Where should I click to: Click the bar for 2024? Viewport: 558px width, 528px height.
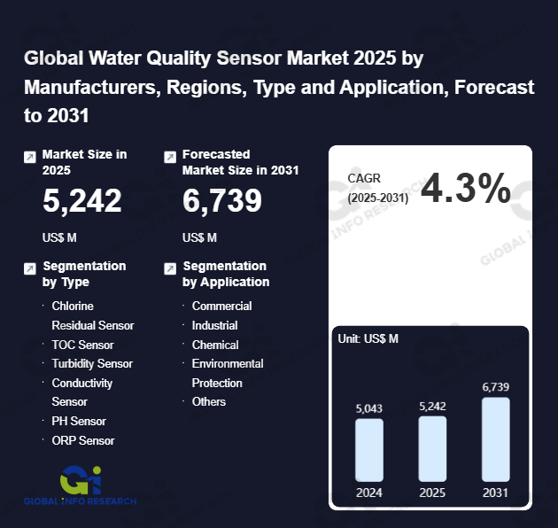368,450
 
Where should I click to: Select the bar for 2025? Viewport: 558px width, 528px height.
432,448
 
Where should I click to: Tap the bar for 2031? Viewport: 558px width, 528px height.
496,439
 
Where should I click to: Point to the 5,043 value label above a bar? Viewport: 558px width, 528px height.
369,408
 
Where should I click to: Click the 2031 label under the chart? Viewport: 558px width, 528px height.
496,493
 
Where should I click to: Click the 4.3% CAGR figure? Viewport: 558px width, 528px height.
465,189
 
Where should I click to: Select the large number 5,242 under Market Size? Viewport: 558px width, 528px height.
82,202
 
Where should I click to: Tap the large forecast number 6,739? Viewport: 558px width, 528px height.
222,202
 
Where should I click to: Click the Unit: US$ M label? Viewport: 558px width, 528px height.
368,338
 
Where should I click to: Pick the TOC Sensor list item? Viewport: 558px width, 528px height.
82,345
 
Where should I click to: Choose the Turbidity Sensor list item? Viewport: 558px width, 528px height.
92,363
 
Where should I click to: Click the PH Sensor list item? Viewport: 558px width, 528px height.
79,421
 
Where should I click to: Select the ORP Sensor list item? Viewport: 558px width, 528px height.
83,440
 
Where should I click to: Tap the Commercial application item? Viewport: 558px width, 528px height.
221,306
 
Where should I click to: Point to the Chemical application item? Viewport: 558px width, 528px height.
215,345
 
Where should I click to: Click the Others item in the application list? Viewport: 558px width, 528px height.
209,401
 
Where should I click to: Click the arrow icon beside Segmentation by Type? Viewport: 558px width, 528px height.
30,268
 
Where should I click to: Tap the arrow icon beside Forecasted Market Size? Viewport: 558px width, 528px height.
170,157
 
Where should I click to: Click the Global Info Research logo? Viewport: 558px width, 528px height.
81,485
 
